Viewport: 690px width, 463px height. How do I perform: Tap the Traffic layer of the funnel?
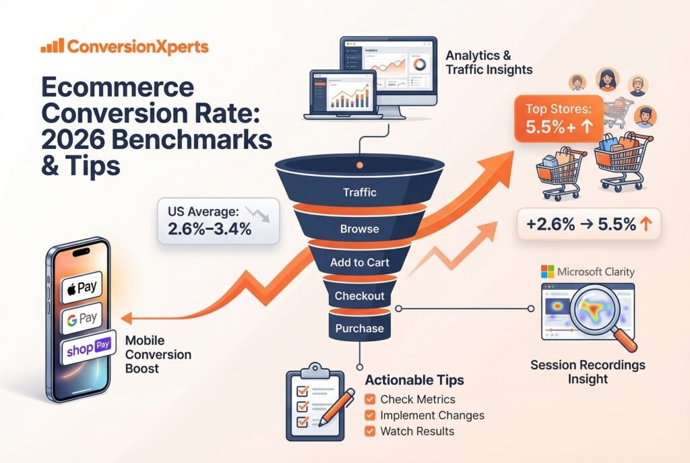358,192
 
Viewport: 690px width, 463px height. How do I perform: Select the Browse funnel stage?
358,228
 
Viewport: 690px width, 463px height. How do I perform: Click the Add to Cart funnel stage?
358,263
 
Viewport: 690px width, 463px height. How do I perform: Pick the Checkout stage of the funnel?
359,296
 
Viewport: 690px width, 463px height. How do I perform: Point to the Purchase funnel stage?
359,329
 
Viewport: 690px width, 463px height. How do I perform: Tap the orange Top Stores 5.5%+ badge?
555,119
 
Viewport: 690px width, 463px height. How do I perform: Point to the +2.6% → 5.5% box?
588,224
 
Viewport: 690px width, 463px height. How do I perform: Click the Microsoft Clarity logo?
588,273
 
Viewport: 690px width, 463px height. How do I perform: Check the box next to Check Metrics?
369,400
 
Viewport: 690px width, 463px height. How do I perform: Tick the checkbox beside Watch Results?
369,431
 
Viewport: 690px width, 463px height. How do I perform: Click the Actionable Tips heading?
414,380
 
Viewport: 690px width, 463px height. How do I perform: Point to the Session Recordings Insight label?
588,372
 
